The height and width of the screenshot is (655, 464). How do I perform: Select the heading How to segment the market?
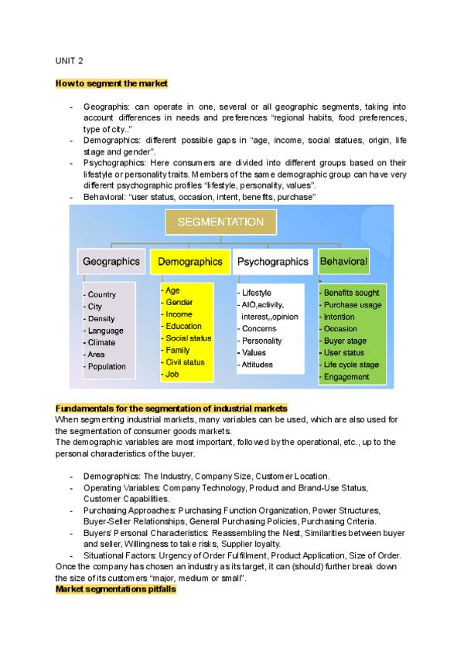tap(111, 83)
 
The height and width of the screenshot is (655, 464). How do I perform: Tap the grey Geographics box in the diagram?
tap(111, 262)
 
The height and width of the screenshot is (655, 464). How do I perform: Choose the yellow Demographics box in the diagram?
tap(190, 262)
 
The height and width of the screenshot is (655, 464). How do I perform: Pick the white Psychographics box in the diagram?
tap(273, 262)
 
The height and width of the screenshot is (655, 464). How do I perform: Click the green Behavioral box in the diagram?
tap(343, 262)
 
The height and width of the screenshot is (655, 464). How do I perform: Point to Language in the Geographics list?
tap(106, 331)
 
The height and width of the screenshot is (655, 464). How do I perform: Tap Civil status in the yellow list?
tap(186, 361)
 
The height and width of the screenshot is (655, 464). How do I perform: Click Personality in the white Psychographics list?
tap(262, 341)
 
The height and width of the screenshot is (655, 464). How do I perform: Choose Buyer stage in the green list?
tap(346, 341)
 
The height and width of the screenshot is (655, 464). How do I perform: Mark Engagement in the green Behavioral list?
tap(347, 377)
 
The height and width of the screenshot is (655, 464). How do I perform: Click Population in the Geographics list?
tap(107, 366)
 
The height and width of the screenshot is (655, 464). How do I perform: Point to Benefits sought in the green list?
tap(351, 293)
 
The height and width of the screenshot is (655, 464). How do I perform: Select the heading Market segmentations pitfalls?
tap(116, 589)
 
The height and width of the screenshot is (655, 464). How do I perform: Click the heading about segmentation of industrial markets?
tap(172, 408)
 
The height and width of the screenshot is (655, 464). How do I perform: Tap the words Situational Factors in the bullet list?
tap(118, 556)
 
